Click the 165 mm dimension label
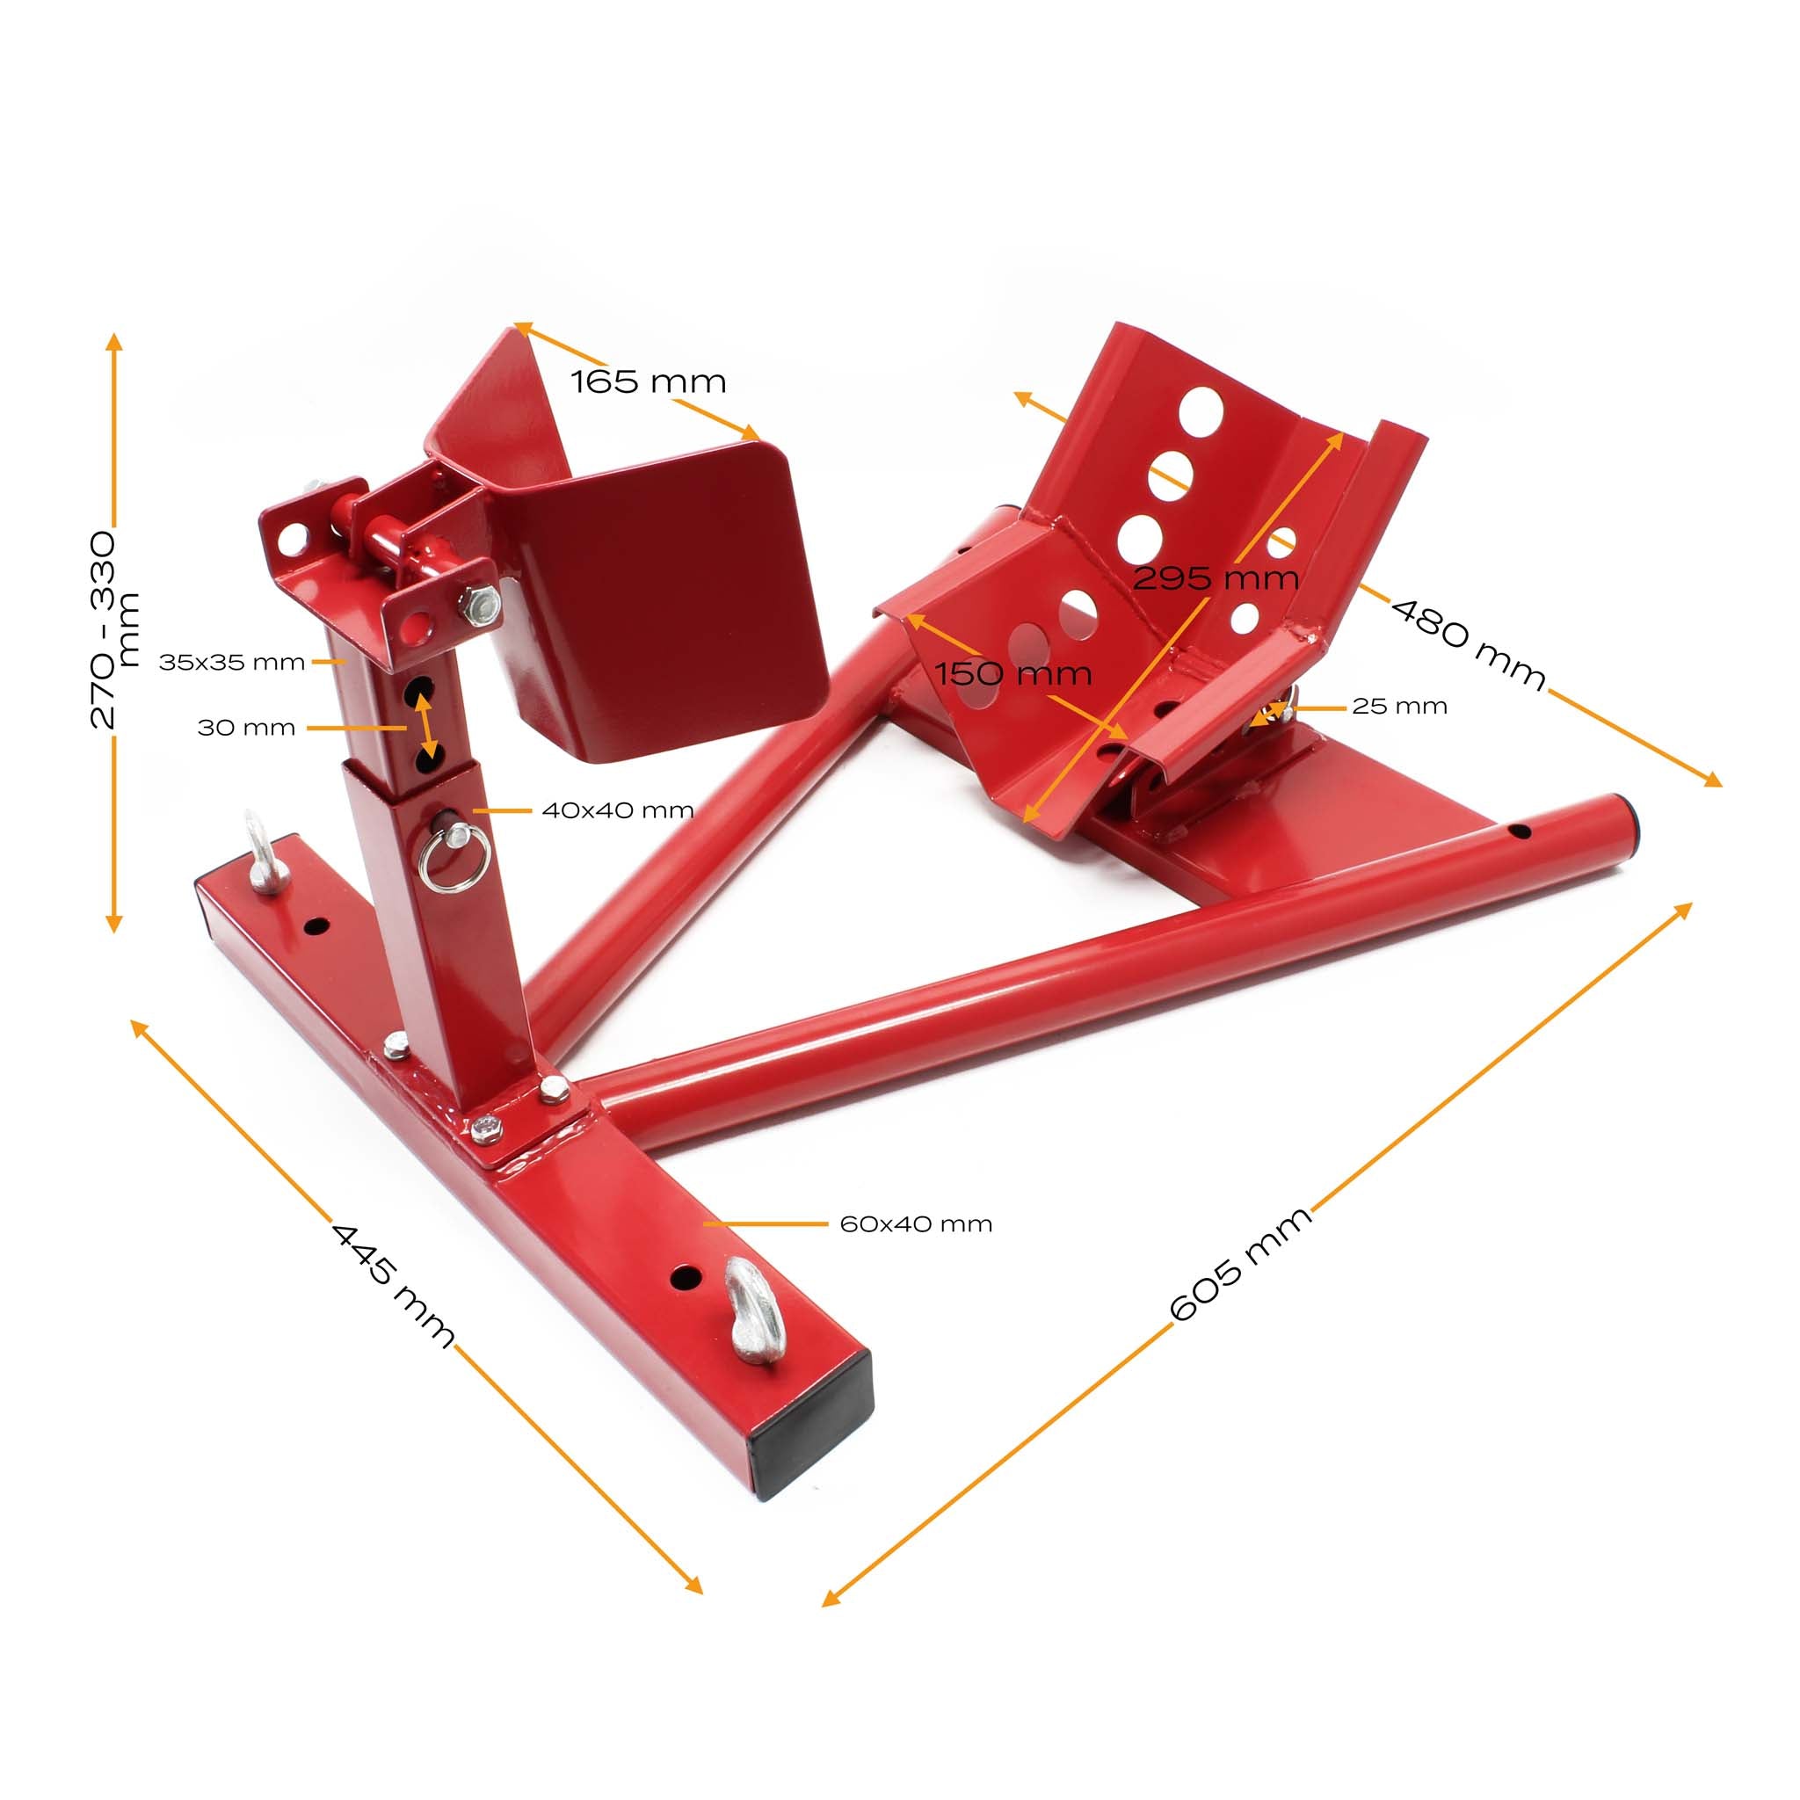coord(648,381)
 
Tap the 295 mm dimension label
coord(1216,578)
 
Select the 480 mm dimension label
coord(1468,642)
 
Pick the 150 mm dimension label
coord(1012,673)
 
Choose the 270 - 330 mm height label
coord(113,630)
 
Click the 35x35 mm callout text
coord(232,663)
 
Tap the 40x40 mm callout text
coord(618,810)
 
